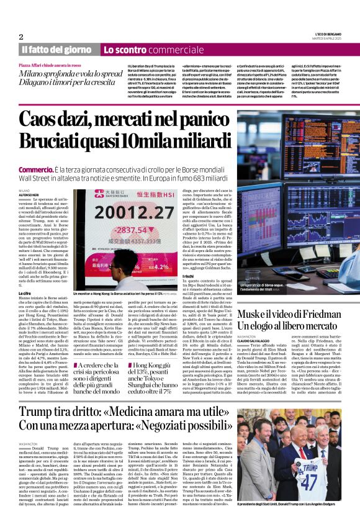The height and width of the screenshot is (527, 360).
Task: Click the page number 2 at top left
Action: coord(21,37)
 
